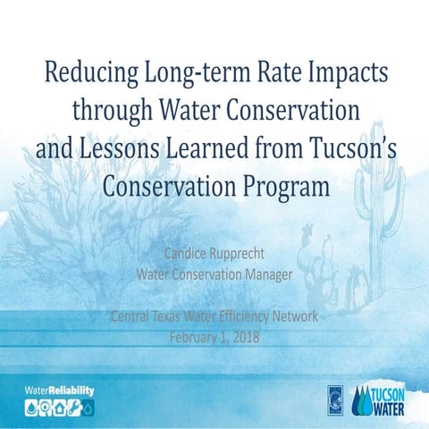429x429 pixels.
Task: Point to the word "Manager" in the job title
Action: [x=266, y=273]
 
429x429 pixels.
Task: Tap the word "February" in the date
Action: [x=197, y=336]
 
